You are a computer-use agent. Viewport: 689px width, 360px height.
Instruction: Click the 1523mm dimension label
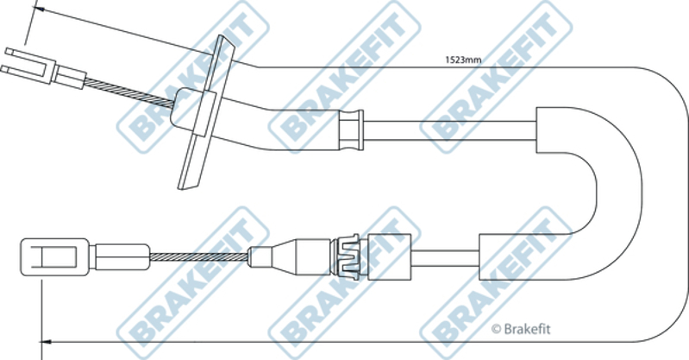click(463, 60)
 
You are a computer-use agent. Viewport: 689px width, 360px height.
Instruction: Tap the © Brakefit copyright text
click(521, 329)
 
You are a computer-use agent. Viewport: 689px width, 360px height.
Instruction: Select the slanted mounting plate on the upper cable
click(206, 113)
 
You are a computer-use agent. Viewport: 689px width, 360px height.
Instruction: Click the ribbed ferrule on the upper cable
click(351, 130)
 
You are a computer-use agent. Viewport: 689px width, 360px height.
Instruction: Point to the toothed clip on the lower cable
click(346, 257)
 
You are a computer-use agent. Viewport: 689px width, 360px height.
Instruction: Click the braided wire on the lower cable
click(198, 257)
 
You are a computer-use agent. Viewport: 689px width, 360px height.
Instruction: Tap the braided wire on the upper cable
click(129, 92)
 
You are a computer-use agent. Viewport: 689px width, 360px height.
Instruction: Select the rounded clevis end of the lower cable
click(55, 257)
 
